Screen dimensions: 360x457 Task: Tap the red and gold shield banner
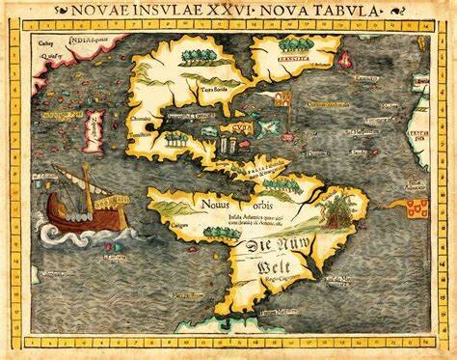pos(417,207)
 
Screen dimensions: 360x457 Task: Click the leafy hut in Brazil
pos(340,209)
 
